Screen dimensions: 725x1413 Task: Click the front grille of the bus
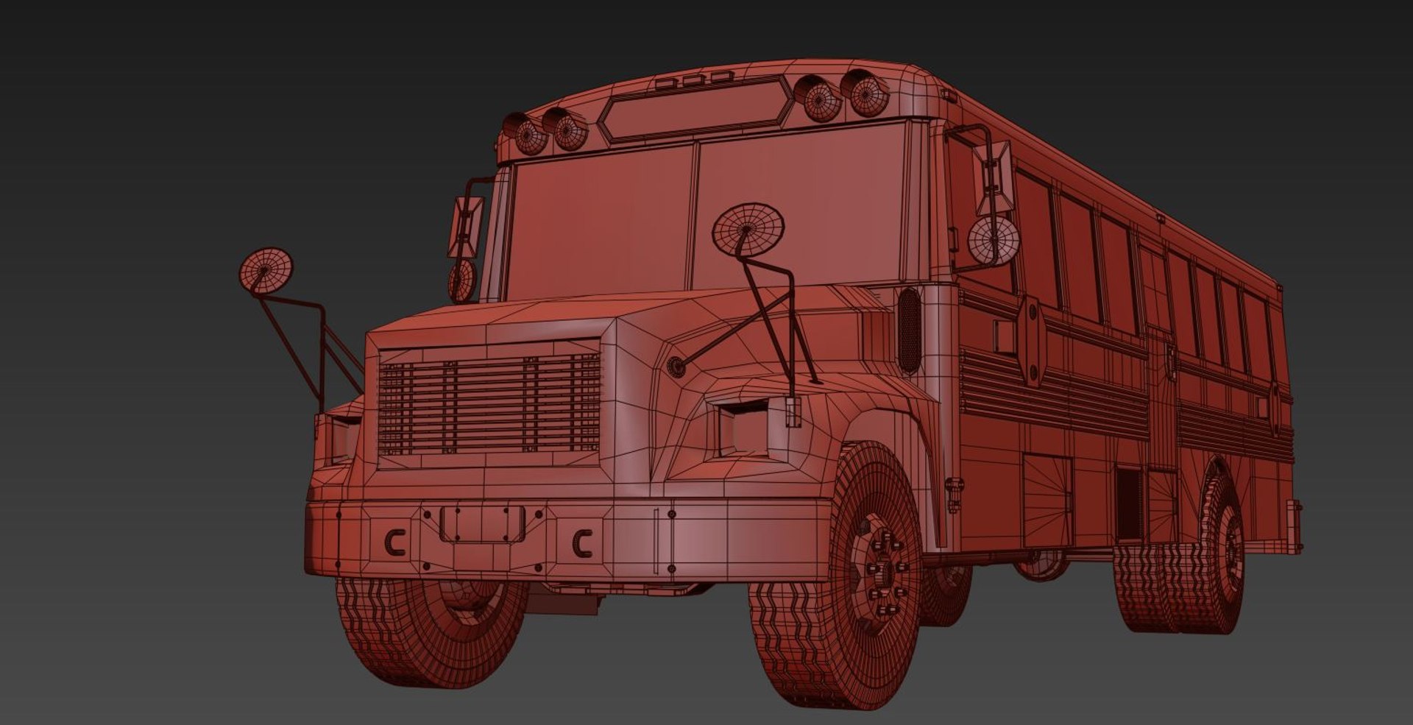click(489, 403)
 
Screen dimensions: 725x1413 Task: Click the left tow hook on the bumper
click(395, 544)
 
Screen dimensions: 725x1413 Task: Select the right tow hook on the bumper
click(582, 543)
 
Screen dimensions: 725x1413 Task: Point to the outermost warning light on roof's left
click(528, 135)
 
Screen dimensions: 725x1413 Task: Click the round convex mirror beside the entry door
click(992, 240)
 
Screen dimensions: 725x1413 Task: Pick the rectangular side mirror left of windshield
click(465, 226)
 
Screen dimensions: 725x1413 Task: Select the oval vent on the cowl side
click(909, 329)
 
